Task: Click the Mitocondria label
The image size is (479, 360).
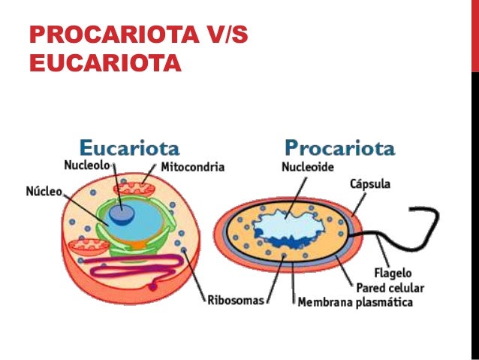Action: pyautogui.click(x=193, y=167)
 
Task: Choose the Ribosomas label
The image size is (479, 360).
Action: pyautogui.click(x=236, y=301)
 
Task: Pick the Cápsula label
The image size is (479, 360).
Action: pyautogui.click(x=370, y=184)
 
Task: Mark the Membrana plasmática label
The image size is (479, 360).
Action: pyautogui.click(x=354, y=302)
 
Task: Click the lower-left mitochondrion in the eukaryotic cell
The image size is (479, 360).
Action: pyautogui.click(x=88, y=244)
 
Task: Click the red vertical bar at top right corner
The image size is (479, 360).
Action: pyautogui.click(x=474, y=34)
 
